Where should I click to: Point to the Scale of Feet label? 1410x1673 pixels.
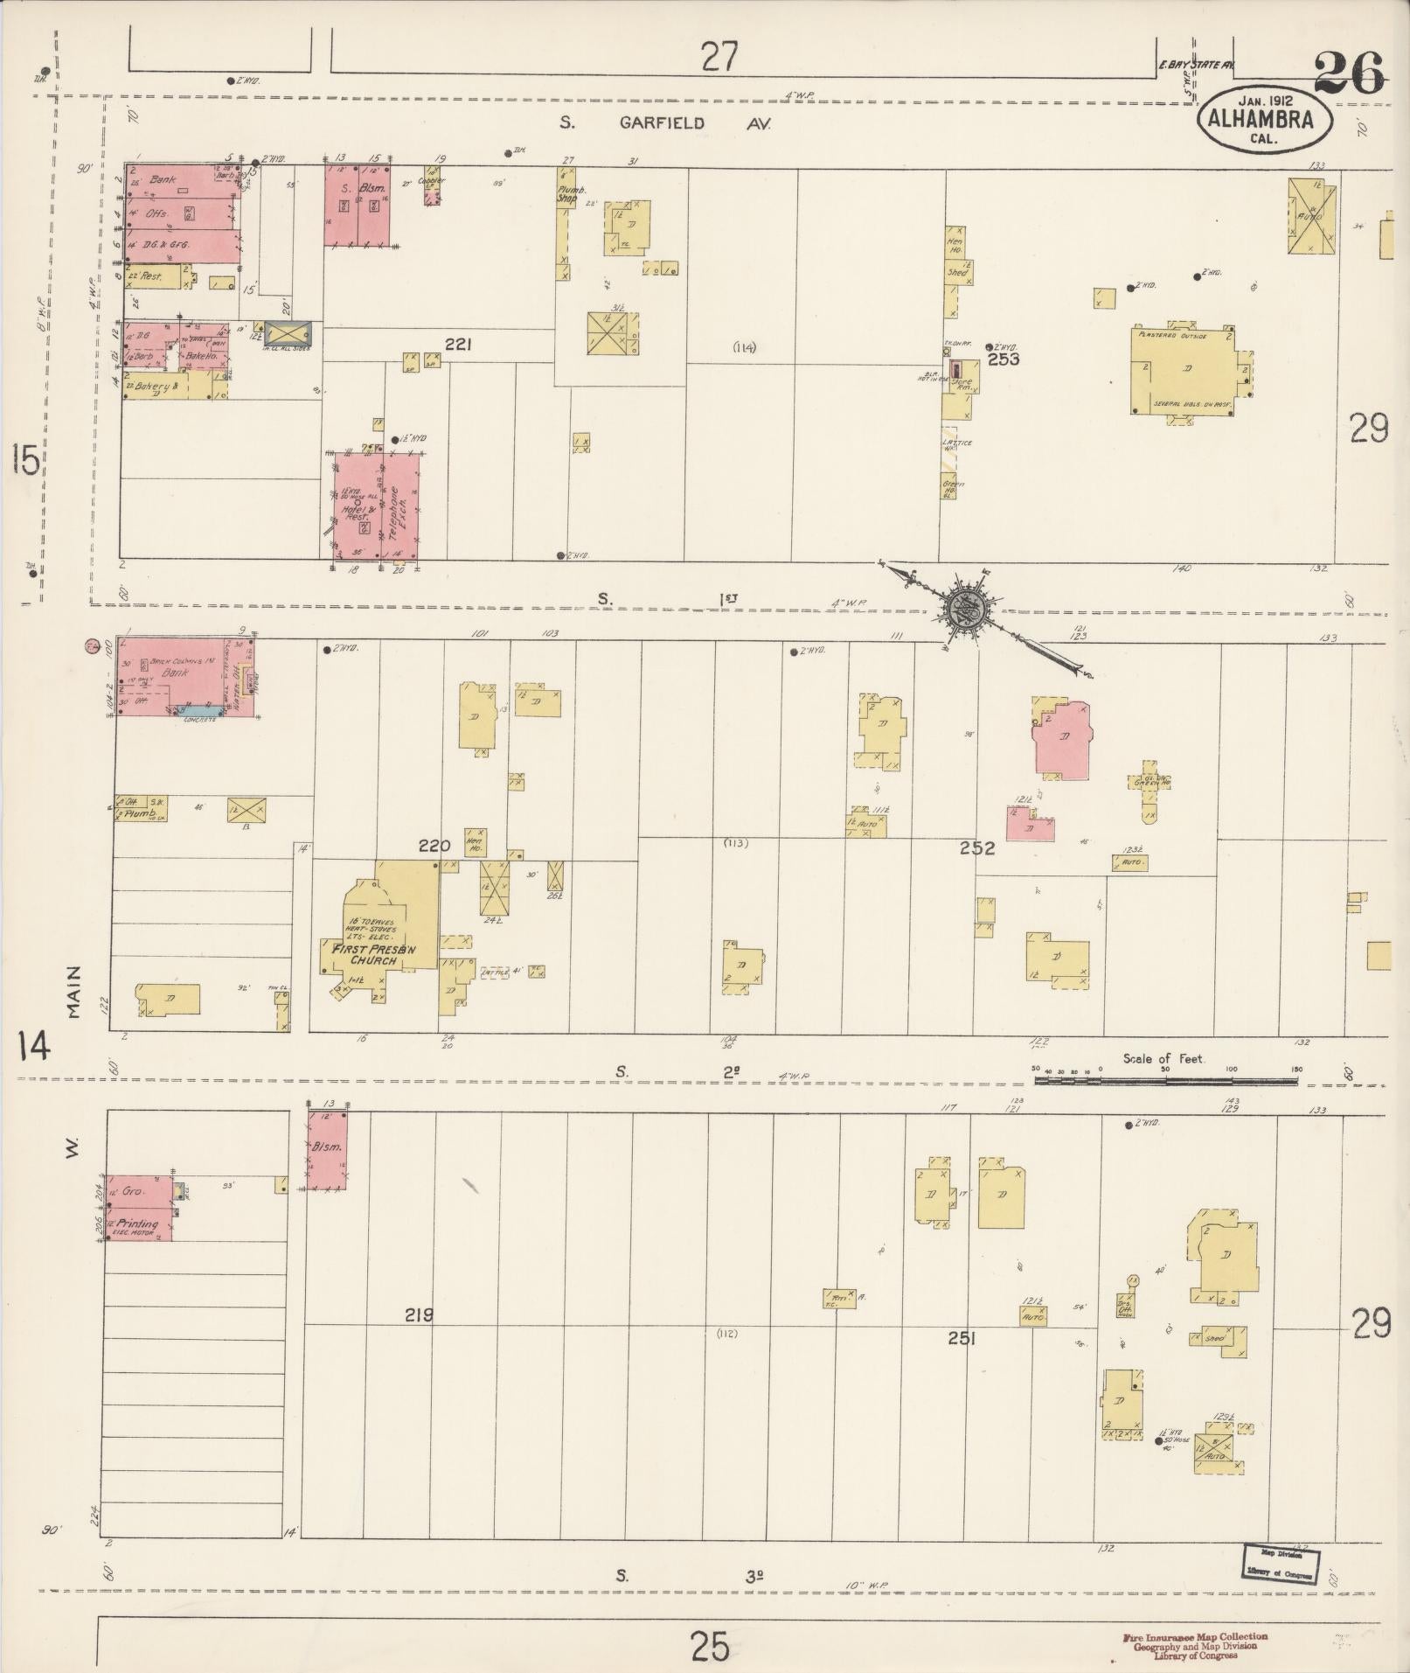tap(1163, 1058)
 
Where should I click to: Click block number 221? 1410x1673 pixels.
tap(458, 345)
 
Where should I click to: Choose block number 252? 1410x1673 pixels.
tap(976, 847)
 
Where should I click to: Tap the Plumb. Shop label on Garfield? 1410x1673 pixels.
tap(566, 193)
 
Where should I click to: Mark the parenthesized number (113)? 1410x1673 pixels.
tap(737, 843)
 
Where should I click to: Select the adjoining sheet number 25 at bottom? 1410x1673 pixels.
tap(709, 1648)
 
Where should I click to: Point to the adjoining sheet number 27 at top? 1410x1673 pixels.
tap(719, 58)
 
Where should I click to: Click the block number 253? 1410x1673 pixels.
tap(1002, 359)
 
